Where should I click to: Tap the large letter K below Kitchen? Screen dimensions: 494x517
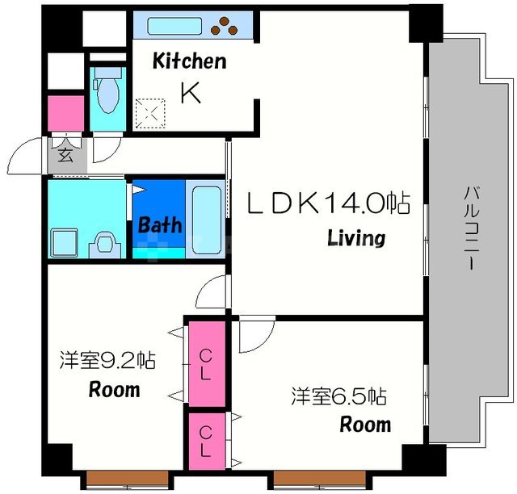pos(191,93)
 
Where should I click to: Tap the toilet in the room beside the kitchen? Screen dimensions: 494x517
pos(107,91)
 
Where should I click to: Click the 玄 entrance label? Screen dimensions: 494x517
pos(65,156)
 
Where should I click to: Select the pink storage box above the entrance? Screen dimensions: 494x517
pos(65,112)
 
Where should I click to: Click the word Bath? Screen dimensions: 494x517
pos(160,224)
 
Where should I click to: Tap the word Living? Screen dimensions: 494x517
pos(355,238)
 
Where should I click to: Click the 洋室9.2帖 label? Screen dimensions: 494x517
pos(107,360)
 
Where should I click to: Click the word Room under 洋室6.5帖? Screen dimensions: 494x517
pos(364,424)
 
